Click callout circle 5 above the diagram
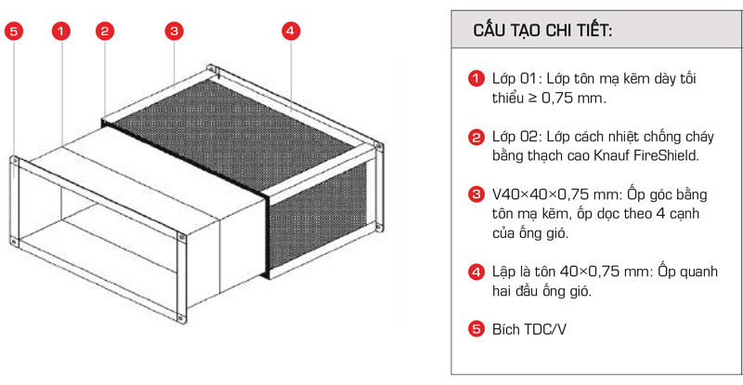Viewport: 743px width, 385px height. click(x=14, y=32)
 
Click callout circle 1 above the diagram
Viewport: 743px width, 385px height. click(x=61, y=32)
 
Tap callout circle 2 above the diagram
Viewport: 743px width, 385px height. click(x=105, y=32)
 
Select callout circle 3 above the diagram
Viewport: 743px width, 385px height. click(x=173, y=32)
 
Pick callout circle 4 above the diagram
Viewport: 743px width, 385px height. click(x=290, y=32)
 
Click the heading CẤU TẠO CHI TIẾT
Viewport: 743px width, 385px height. click(x=542, y=31)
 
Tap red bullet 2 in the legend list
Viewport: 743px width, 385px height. click(x=476, y=138)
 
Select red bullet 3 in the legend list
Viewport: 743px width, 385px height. click(x=476, y=195)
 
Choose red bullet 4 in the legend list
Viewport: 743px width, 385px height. click(x=476, y=272)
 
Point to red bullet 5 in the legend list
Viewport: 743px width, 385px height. click(x=476, y=328)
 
